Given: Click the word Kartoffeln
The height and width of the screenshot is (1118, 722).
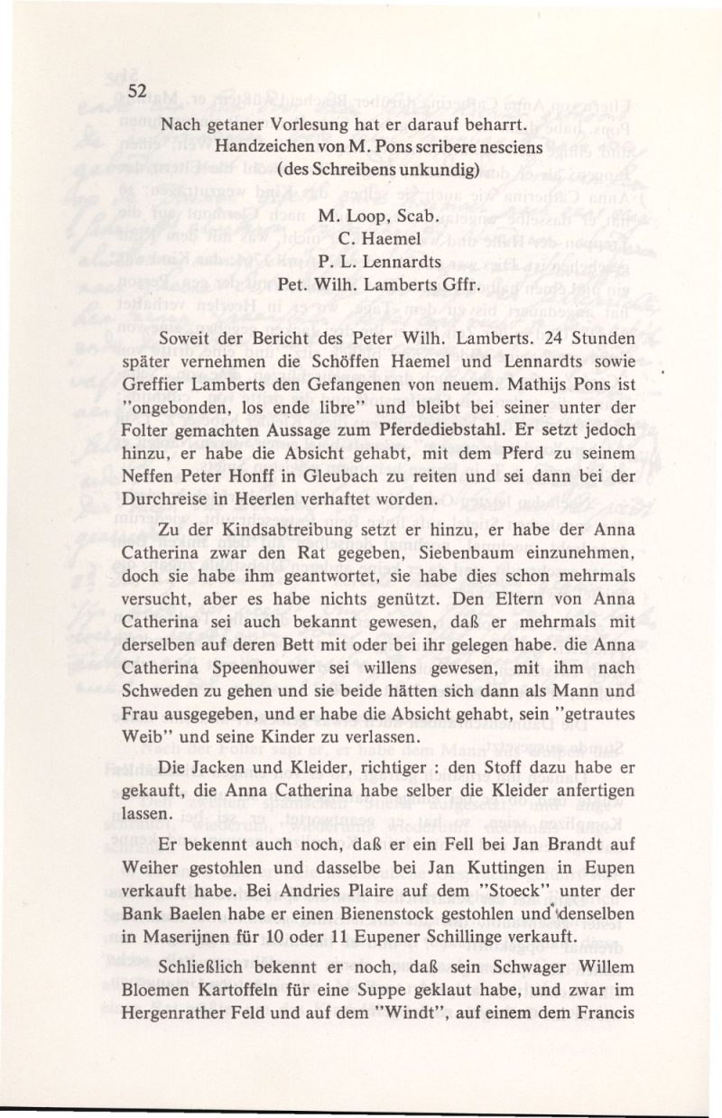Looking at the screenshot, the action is pos(247,1013).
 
